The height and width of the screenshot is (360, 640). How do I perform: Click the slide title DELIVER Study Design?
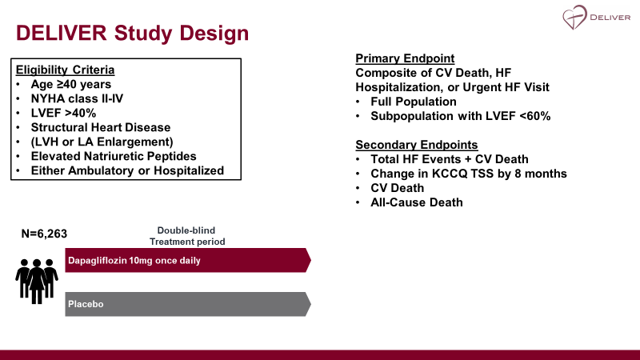133,34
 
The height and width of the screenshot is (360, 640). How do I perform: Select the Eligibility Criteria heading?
66,70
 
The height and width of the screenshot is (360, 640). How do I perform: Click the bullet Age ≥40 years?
70,84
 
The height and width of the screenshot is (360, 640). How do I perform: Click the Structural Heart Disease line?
100,127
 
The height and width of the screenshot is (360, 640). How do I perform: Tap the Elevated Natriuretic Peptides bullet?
114,156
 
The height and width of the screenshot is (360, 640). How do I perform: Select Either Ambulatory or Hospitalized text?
127,170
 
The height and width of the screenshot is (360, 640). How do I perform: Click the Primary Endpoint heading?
405,58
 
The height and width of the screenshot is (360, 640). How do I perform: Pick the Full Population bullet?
414,102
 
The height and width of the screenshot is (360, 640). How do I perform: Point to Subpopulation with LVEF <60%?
460,116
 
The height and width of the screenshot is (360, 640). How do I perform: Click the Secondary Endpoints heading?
416,145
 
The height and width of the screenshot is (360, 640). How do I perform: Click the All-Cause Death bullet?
416,202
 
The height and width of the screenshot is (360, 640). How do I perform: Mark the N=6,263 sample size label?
44,234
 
